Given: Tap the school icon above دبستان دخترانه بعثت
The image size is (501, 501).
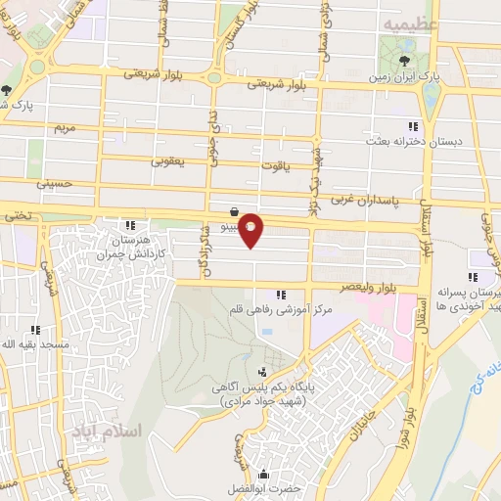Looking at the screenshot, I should (x=413, y=125).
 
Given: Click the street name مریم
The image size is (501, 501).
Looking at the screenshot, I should (x=65, y=128).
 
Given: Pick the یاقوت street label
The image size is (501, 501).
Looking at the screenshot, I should (x=275, y=166).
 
